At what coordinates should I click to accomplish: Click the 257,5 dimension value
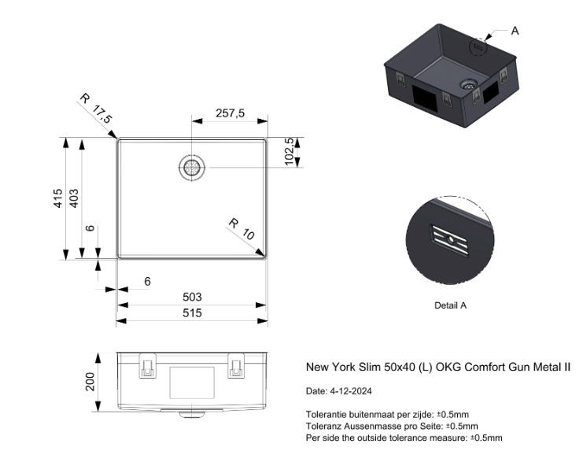coord(231,113)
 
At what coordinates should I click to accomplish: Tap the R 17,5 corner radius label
coord(97,109)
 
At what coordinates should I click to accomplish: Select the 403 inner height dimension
coord(74,198)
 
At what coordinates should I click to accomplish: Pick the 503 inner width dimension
coord(192,297)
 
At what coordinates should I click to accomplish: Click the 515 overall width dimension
coord(192,312)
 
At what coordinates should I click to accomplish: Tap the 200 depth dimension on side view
coord(90,382)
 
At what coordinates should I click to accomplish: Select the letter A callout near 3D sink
coord(515,31)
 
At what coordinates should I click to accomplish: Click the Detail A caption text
coord(450,305)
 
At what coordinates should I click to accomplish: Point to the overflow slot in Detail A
coord(452,240)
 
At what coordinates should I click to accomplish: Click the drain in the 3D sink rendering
coord(470,81)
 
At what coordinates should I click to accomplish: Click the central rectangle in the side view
coord(192,382)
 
